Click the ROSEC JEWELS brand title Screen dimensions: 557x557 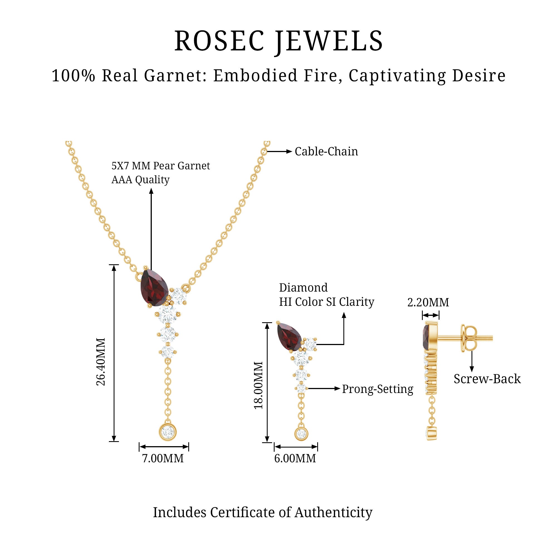[278, 41]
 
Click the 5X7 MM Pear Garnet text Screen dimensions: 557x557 [161, 166]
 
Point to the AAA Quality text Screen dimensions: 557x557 [140, 180]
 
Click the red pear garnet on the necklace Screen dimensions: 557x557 [154, 287]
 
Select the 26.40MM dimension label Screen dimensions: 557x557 [101, 362]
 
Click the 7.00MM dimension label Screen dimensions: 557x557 [163, 458]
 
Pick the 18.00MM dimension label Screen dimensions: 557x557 [259, 385]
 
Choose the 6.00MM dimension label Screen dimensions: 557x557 [295, 458]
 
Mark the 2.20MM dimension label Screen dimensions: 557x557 [428, 302]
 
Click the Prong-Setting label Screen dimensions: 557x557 [377, 389]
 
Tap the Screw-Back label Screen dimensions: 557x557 [487, 379]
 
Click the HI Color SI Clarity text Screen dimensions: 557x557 [326, 302]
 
